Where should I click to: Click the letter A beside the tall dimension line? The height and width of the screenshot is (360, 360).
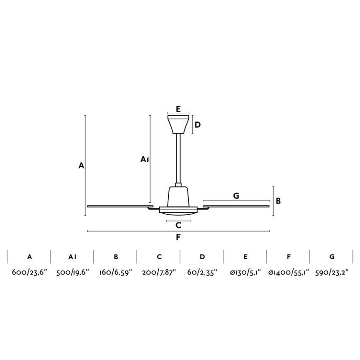(81, 166)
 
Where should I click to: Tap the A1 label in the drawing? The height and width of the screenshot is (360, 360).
(144, 159)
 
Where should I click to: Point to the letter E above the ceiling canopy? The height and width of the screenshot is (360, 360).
(178, 109)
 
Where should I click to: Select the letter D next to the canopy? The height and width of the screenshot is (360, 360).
(198, 124)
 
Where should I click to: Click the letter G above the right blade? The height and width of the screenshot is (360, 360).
(236, 196)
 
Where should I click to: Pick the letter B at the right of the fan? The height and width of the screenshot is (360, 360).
(278, 201)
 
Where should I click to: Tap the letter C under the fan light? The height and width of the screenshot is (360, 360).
(178, 226)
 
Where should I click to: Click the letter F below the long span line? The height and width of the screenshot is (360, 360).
(178, 237)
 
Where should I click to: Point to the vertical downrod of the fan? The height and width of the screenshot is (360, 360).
(178, 160)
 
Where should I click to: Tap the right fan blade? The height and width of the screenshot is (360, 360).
(236, 205)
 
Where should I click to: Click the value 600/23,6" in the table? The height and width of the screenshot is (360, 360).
(29, 272)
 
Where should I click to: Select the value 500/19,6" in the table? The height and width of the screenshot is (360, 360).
(73, 272)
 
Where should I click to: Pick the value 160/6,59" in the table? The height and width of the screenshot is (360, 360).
(116, 272)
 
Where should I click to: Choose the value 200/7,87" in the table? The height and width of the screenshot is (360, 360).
(159, 272)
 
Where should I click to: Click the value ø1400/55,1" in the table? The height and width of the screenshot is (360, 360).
(289, 272)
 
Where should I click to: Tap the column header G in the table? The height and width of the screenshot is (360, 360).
(332, 257)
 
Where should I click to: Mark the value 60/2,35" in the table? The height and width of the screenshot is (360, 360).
(202, 272)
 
